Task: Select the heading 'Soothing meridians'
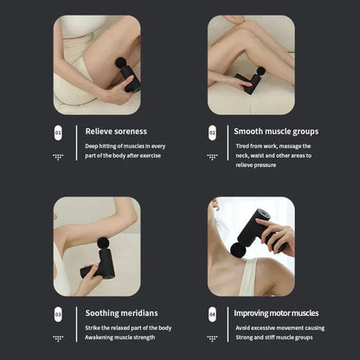pyautogui.click(x=122, y=313)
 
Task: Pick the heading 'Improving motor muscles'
pyautogui.click(x=276, y=313)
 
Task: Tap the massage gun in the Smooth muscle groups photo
pyautogui.click(x=247, y=82)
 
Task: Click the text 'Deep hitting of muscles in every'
pyautogui.click(x=125, y=146)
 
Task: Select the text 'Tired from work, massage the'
pyautogui.click(x=273, y=146)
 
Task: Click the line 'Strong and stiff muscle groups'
pyautogui.click(x=275, y=337)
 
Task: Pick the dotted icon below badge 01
pyautogui.click(x=58, y=157)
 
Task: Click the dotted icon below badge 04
pyautogui.click(x=212, y=338)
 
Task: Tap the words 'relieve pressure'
pyautogui.click(x=256, y=164)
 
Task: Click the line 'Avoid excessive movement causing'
pyautogui.click(x=279, y=328)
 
